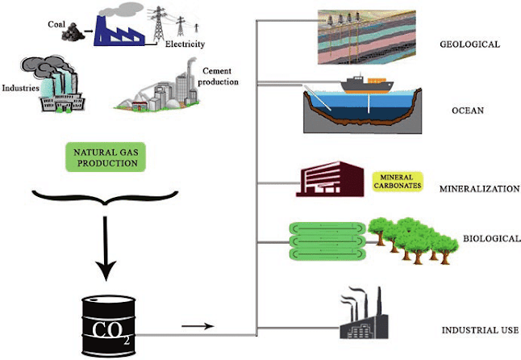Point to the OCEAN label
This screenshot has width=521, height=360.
coord(467,111)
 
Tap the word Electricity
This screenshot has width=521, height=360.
coord(185,44)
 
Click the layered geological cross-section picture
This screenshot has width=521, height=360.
coord(364,33)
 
